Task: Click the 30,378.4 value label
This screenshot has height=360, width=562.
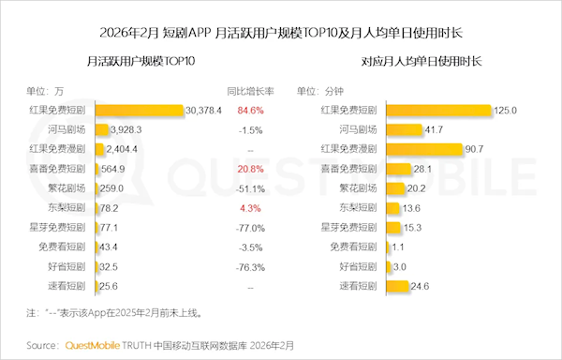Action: [204, 110]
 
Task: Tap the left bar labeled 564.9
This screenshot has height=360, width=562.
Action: [96, 169]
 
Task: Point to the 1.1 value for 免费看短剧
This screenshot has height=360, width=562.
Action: [397, 247]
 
